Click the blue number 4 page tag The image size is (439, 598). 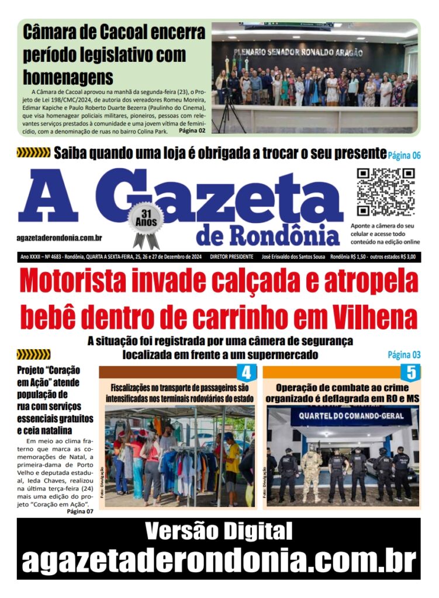(246, 372)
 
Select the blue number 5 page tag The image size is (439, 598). (410, 372)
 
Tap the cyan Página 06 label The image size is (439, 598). (404, 155)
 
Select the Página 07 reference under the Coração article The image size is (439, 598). (80, 512)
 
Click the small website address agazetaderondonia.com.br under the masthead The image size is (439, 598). (60, 238)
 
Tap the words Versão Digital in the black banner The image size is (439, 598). (219, 531)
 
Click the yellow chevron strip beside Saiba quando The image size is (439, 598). (33, 153)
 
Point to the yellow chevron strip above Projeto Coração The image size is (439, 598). (33, 354)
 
